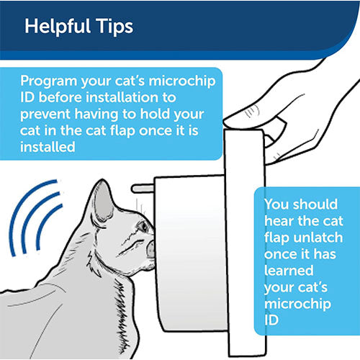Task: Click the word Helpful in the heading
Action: pyautogui.click(x=55, y=27)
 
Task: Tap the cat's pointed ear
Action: pyautogui.click(x=102, y=193)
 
